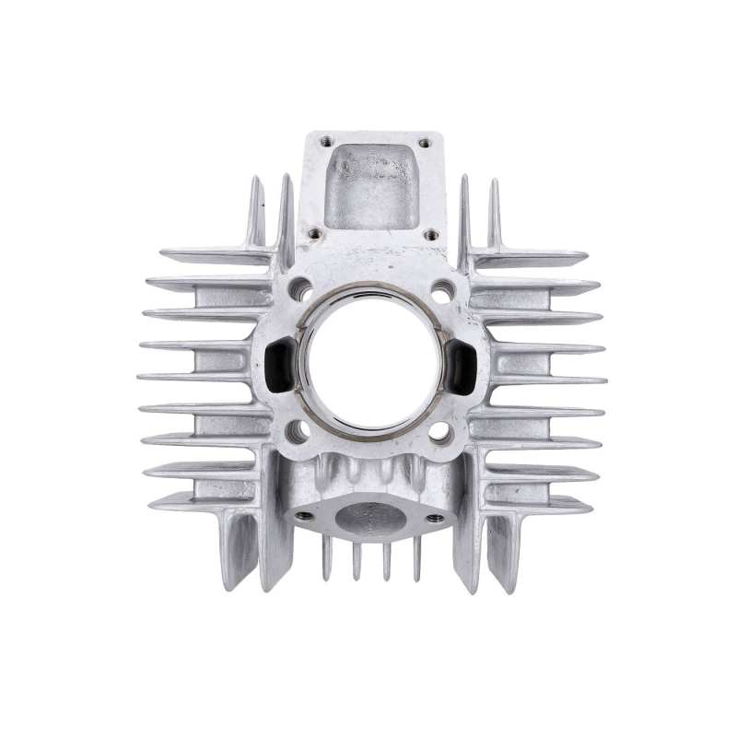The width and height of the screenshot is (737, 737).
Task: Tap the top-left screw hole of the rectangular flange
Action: pos(324,142)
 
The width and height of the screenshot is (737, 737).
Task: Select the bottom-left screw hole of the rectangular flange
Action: pos(314,234)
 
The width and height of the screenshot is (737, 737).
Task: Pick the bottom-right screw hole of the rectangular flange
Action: pos(430,235)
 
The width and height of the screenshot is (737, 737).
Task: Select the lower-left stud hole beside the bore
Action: pos(297,431)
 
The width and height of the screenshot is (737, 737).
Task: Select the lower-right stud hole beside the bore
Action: pos(440,431)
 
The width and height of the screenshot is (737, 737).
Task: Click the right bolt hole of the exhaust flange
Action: pos(433,518)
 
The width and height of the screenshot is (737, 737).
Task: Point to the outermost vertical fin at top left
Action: pos(254,212)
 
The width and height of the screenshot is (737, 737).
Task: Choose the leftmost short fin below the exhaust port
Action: pos(326,557)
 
